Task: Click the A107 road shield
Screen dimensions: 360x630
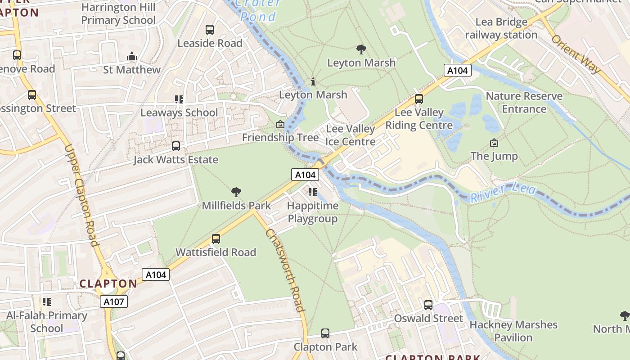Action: click(114, 301)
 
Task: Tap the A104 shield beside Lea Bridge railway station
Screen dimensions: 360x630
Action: click(458, 70)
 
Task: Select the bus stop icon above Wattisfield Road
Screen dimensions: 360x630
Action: click(216, 239)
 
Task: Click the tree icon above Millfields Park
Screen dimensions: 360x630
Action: click(236, 193)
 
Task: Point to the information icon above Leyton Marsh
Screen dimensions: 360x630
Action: click(313, 81)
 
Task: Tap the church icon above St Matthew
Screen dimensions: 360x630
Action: click(132, 57)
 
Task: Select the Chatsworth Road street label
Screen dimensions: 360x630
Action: click(285, 270)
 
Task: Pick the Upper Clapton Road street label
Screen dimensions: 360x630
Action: click(81, 195)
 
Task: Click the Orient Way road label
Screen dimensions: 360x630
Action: click(576, 54)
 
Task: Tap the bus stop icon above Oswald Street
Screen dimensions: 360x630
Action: click(428, 305)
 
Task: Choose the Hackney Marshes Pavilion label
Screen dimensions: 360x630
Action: click(513, 331)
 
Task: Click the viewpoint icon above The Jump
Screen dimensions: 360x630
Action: click(494, 143)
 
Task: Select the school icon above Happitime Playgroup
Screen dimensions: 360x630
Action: click(313, 193)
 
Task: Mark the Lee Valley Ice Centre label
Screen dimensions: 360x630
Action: click(350, 135)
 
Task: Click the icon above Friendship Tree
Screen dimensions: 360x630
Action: click(280, 124)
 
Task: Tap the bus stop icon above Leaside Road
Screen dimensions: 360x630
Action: click(210, 30)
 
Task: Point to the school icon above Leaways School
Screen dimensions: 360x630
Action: click(179, 99)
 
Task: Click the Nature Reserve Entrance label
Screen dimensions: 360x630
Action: click(524, 102)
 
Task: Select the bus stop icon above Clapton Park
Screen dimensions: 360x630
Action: click(325, 333)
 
